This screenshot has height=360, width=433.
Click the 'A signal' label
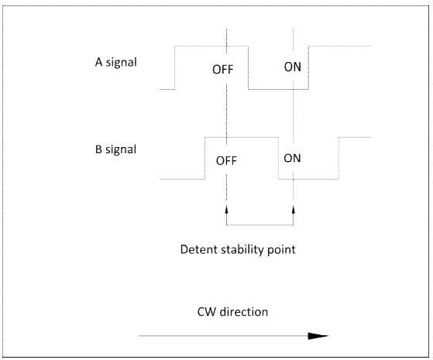(115, 63)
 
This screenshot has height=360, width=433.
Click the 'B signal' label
(115, 149)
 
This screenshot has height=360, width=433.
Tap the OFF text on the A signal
(223, 70)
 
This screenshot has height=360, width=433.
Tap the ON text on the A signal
(293, 67)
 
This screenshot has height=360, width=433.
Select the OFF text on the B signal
(226, 161)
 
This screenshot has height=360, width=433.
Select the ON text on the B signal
(292, 158)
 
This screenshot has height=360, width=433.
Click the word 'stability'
(239, 250)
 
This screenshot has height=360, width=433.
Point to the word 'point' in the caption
(278, 250)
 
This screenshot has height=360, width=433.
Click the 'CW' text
(207, 312)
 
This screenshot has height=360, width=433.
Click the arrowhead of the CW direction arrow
(318, 336)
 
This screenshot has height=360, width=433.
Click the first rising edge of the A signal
(175, 67)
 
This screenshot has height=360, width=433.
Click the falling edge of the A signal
(248, 67)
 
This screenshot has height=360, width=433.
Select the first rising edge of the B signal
(205, 158)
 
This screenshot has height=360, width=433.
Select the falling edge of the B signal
(278, 158)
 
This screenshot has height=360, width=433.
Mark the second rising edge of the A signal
(308, 67)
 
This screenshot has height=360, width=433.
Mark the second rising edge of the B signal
(338, 158)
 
